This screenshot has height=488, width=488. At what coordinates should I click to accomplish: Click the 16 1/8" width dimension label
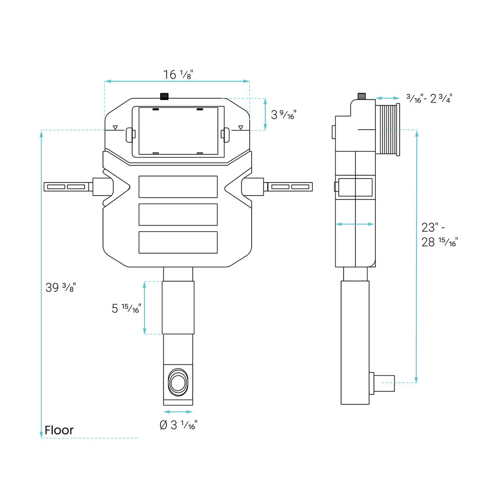pyautogui.click(x=178, y=74)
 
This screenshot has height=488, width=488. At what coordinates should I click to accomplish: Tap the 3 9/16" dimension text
pyautogui.click(x=284, y=115)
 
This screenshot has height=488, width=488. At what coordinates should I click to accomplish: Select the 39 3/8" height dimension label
pyautogui.click(x=61, y=287)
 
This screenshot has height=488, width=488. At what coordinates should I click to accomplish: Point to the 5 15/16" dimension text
pyautogui.click(x=126, y=308)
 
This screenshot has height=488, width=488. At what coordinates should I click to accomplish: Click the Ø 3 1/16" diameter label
pyautogui.click(x=178, y=425)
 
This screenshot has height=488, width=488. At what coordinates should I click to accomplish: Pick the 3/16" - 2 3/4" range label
pyautogui.click(x=429, y=99)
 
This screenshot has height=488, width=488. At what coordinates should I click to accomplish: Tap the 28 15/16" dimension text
pyautogui.click(x=440, y=242)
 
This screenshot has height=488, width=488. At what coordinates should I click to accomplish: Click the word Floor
pyautogui.click(x=59, y=430)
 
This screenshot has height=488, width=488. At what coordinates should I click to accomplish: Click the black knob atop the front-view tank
pyautogui.click(x=164, y=97)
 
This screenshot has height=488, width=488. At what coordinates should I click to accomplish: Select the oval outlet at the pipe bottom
pyautogui.click(x=178, y=383)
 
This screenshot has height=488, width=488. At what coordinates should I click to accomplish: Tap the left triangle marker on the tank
pyautogui.click(x=115, y=127)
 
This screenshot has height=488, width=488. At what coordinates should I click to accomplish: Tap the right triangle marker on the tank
pyautogui.click(x=241, y=127)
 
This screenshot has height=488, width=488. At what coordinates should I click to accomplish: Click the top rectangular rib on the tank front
pyautogui.click(x=178, y=187)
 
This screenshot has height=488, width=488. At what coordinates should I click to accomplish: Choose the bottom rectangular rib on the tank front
pyautogui.click(x=178, y=242)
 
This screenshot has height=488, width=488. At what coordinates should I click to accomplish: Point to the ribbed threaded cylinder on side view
pyautogui.click(x=388, y=130)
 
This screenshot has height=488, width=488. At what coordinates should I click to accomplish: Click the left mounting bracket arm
pyautogui.click(x=68, y=187)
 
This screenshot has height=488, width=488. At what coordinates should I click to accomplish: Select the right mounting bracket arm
pyautogui.click(x=288, y=187)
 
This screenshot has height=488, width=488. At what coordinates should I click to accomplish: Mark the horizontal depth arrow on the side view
pyautogui.click(x=355, y=224)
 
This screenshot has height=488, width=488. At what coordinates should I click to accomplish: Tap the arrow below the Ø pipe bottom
pyautogui.click(x=178, y=412)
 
